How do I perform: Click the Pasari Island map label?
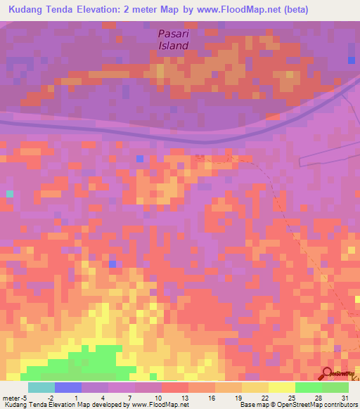(x=173, y=39)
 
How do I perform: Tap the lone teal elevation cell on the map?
(x=10, y=193)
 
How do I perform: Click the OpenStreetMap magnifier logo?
(x=328, y=373)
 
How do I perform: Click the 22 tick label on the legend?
(x=255, y=398)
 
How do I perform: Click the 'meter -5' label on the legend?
(x=16, y=398)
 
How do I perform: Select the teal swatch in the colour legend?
(x=41, y=387)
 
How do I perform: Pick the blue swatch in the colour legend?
(x=68, y=387)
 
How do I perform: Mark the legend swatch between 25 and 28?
(x=308, y=387)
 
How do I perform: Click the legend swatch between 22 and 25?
(x=281, y=387)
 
